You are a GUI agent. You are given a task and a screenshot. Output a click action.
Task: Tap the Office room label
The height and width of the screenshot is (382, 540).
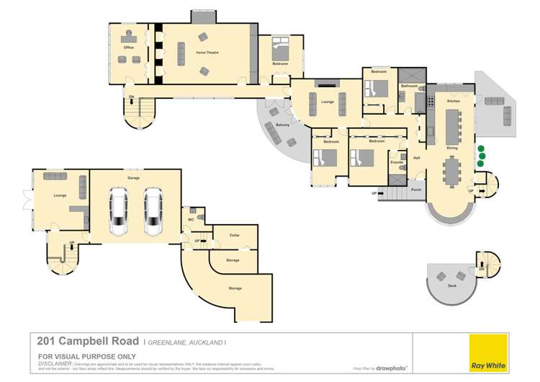128,48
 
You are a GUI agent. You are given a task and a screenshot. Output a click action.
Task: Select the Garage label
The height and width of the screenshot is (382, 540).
133,177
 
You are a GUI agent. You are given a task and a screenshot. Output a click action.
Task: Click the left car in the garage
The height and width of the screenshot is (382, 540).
119,212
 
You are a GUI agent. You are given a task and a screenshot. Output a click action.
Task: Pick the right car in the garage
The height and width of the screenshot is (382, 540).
152,212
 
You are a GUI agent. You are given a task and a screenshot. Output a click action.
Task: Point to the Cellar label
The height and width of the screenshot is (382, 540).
234,235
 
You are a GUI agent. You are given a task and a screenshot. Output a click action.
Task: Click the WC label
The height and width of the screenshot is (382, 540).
192,219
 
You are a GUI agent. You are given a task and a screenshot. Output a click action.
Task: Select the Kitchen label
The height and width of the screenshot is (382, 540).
453,102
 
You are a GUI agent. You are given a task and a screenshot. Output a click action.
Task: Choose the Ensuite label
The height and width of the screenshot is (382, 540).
396,162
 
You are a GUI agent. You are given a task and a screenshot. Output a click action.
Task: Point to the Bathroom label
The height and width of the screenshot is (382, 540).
410,86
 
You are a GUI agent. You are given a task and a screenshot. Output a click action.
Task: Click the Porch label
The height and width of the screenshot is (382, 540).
416,190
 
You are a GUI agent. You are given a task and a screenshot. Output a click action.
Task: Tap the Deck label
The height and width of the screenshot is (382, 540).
452,286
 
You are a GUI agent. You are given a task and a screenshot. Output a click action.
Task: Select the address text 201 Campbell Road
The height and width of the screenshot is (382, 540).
84,342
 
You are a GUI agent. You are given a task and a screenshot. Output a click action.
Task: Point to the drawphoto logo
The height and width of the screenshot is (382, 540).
392,368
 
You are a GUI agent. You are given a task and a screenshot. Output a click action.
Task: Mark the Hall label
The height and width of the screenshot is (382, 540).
416,158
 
